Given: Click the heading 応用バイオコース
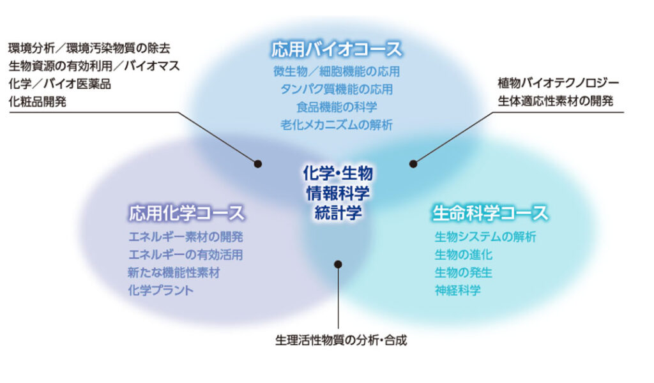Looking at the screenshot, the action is [x=337, y=49].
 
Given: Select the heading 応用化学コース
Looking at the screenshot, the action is [x=186, y=213].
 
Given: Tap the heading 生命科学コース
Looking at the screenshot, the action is [x=490, y=213].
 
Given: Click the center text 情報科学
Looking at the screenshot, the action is [x=338, y=193].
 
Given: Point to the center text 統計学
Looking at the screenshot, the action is [x=338, y=213].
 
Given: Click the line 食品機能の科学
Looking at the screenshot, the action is [x=337, y=107].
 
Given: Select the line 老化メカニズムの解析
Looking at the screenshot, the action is [x=337, y=124].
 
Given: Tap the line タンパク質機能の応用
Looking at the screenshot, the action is [x=337, y=89].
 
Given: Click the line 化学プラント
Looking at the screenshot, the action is [x=161, y=290].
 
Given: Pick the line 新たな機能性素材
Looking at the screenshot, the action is [x=174, y=273].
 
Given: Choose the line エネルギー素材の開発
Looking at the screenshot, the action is [x=186, y=237].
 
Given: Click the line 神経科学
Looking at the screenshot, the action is [x=457, y=290].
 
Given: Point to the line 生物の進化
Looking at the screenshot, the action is [x=464, y=255].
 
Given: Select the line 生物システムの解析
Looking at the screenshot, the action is [x=485, y=237].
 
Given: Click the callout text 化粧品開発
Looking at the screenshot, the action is [x=38, y=101].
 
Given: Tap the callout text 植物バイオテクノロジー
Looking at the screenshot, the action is [x=558, y=83].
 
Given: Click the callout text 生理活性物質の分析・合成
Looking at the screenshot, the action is [x=341, y=340].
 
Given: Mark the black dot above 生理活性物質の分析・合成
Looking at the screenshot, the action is [x=338, y=264].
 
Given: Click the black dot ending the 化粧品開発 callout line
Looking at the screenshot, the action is [x=258, y=164].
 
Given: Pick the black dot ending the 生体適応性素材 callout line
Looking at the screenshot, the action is [x=413, y=164].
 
